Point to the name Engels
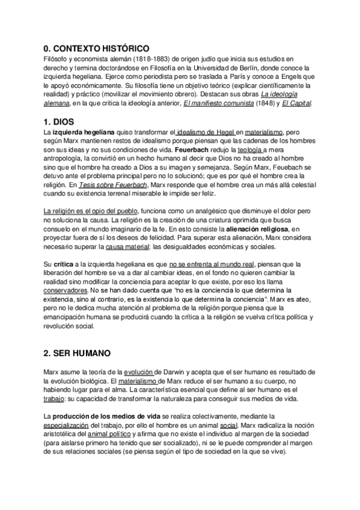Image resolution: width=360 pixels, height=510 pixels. [294, 77]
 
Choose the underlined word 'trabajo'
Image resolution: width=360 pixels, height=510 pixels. [55, 399]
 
